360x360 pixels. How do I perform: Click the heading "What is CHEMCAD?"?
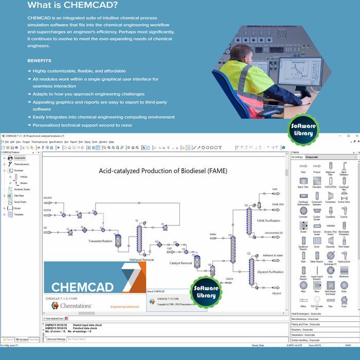point(72,6)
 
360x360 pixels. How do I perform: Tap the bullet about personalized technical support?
point(82,125)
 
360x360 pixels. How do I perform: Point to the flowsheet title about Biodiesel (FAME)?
point(163,170)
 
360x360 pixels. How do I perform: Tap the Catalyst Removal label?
point(181,263)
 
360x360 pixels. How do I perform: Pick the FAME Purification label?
point(268,221)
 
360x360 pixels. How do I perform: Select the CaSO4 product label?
point(229,279)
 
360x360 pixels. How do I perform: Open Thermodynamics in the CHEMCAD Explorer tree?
point(21,165)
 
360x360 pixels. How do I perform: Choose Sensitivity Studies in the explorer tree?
point(22,189)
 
